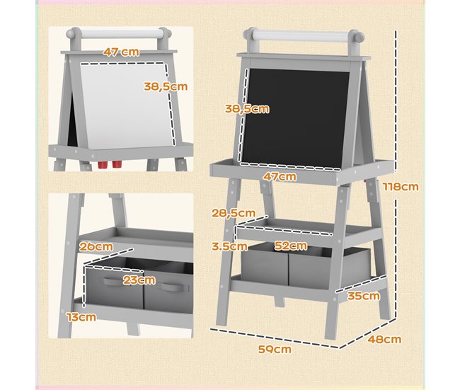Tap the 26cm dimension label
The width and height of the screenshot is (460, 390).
[97, 246]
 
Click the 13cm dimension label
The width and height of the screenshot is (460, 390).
[82, 316]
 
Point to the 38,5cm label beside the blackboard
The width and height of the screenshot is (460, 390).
[246, 109]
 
